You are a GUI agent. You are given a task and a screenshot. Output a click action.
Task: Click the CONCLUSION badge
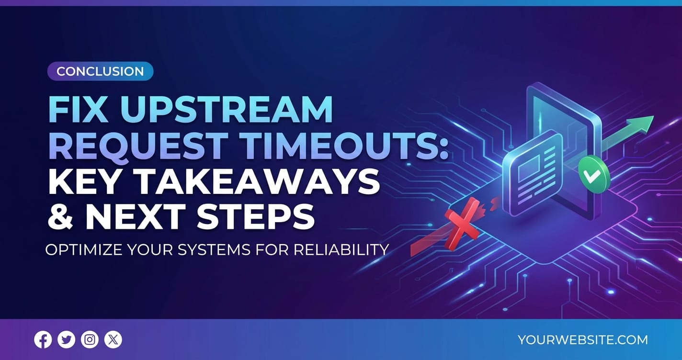(100, 71)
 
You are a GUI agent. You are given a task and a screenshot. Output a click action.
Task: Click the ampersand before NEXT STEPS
(61, 216)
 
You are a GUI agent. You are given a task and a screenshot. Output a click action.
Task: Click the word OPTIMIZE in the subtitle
(84, 250)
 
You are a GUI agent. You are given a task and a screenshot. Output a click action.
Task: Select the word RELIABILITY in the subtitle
(341, 250)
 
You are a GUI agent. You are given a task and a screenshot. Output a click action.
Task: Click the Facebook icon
(43, 339)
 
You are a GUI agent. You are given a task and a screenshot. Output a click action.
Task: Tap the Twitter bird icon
(67, 339)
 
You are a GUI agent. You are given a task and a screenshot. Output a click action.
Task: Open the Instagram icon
(90, 339)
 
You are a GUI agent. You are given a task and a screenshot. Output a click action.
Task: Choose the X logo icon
(113, 339)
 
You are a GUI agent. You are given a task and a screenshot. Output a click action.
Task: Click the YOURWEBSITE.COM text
(583, 340)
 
